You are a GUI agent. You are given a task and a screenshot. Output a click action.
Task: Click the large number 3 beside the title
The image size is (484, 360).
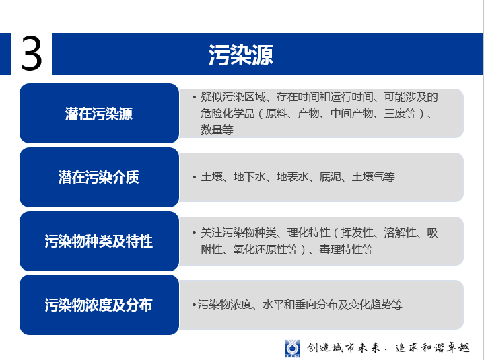pyautogui.click(x=31, y=53)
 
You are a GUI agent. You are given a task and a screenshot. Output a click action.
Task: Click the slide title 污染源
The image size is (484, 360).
pyautogui.click(x=241, y=55)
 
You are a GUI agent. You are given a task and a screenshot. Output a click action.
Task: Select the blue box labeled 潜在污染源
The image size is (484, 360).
pyautogui.click(x=99, y=113)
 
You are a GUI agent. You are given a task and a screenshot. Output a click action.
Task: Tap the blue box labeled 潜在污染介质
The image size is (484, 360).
pyautogui.click(x=99, y=177)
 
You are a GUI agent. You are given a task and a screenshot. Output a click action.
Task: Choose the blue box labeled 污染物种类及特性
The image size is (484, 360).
pyautogui.click(x=99, y=241)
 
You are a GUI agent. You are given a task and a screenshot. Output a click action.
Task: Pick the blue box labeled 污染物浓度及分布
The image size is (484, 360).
pyautogui.click(x=99, y=305)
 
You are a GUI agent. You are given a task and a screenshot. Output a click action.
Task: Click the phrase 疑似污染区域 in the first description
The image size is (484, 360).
pyautogui.click(x=233, y=97)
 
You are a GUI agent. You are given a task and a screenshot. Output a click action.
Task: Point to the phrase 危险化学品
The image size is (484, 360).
pyautogui.click(x=228, y=113)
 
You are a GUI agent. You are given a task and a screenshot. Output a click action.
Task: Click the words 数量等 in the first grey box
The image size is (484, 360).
pyautogui.click(x=217, y=130)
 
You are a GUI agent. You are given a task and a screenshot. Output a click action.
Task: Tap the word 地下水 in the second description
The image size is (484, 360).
pyautogui.click(x=250, y=177)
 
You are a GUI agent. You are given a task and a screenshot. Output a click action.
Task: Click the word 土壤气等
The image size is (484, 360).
pyautogui.click(x=374, y=177)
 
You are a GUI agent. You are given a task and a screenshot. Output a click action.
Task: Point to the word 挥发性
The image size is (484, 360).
pyautogui.click(x=357, y=233)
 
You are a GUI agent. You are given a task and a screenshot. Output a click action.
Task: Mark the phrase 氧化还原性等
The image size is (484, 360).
pyautogui.click(x=266, y=249)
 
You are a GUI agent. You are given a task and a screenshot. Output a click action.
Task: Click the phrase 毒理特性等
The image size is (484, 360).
pyautogui.click(x=346, y=249)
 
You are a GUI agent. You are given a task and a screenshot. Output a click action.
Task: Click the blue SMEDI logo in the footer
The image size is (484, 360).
pyautogui.click(x=292, y=349)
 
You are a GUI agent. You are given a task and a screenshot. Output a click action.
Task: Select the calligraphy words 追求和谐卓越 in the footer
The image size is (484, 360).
pyautogui.click(x=432, y=348)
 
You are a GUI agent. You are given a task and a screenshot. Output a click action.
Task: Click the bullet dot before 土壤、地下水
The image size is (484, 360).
pyautogui.click(x=194, y=177)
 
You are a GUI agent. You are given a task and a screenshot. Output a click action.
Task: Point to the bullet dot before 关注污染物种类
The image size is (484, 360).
pyautogui.click(x=194, y=233)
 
